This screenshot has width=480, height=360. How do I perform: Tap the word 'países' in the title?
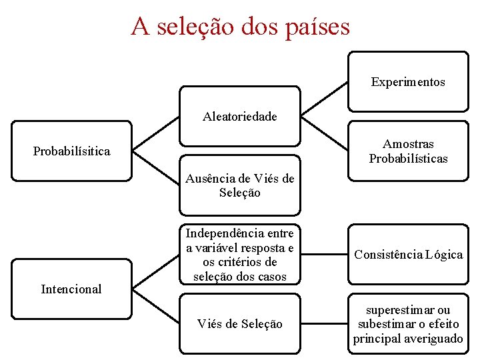click(316, 27)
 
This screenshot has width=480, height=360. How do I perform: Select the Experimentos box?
click(408, 82)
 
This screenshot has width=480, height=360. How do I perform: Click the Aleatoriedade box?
click(240, 117)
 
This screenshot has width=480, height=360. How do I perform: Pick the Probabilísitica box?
click(72, 151)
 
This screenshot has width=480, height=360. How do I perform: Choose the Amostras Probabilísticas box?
click(408, 151)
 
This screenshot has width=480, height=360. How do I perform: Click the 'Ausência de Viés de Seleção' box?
click(240, 185)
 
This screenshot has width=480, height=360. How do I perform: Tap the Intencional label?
click(71, 289)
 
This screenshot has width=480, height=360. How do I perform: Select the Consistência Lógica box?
click(408, 255)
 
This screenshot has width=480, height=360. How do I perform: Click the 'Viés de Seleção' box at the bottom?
click(240, 324)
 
